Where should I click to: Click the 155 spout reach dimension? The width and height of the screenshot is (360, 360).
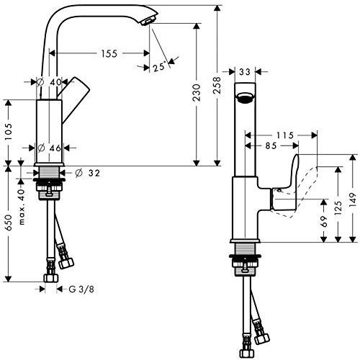click(109, 53)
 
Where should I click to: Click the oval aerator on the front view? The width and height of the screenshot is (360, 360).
click(246, 98)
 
